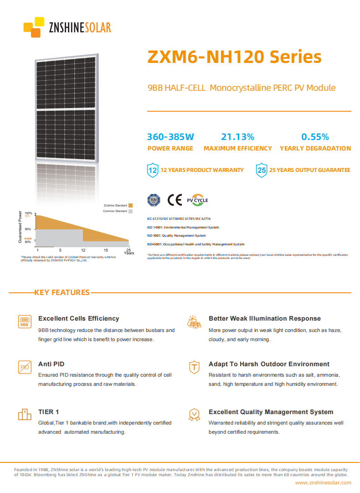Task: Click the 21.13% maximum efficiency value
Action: (x=237, y=137)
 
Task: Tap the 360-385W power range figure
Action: (x=170, y=137)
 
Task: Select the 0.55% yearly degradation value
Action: (x=315, y=137)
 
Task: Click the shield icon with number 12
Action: (x=153, y=170)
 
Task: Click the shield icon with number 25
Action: (x=261, y=170)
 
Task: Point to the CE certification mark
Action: (x=175, y=200)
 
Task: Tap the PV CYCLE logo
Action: (x=197, y=200)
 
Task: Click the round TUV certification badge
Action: (x=154, y=200)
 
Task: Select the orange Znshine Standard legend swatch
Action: (x=130, y=206)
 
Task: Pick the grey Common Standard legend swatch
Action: (x=130, y=211)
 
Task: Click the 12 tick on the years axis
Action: (x=83, y=250)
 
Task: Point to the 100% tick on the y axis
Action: (x=28, y=213)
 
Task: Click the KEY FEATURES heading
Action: (x=62, y=292)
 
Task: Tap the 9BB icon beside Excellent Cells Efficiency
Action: (x=25, y=322)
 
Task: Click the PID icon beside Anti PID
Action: (x=25, y=367)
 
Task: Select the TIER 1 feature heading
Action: (x=48, y=412)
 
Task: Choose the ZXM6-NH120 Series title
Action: (x=234, y=57)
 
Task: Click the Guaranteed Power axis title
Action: (x=20, y=227)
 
